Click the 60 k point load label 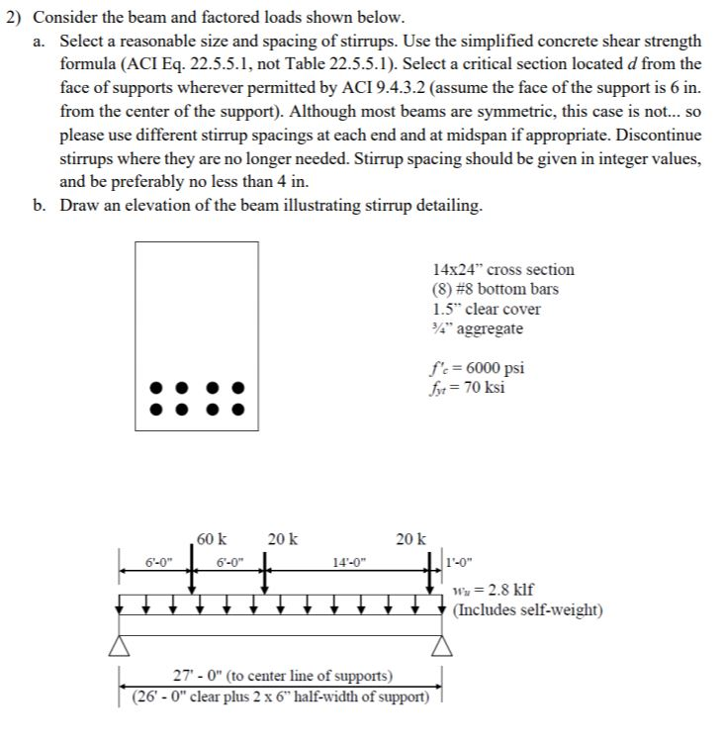tap(212, 539)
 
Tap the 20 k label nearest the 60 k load tap(282, 539)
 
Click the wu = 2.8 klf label tap(494, 592)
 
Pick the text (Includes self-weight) tap(527, 609)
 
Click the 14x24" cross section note tap(502, 269)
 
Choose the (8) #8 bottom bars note tap(495, 289)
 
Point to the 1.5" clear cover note tap(487, 309)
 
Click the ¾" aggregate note tap(478, 328)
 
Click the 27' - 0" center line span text tap(282, 677)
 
